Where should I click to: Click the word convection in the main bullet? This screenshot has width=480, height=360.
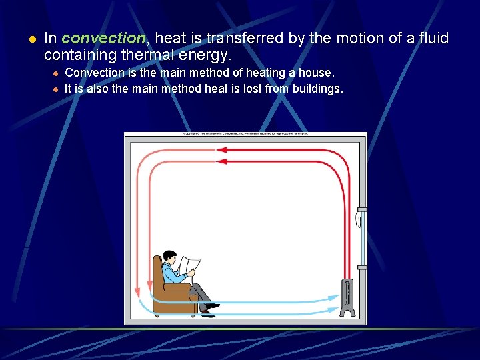(104, 39)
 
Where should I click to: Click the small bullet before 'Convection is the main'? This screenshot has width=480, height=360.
(56, 73)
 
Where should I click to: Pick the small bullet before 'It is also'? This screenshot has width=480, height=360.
(56, 89)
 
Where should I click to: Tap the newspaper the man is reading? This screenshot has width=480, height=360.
(189, 265)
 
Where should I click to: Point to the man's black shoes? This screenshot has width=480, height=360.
(209, 308)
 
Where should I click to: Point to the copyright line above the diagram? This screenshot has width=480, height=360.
(245, 133)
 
